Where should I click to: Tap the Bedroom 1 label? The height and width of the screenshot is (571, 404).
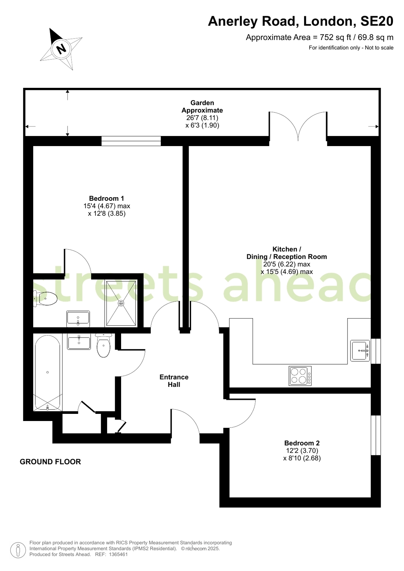106,198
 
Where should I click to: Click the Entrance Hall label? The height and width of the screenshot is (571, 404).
174,381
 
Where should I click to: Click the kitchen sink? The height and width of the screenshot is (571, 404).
360,351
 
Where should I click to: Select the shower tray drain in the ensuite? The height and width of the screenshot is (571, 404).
121,303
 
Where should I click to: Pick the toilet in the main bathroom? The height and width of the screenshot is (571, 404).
103,345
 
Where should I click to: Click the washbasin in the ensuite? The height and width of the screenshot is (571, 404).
78,319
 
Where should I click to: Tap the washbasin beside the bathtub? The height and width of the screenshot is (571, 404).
79,342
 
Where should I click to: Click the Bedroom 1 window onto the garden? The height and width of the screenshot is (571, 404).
131,141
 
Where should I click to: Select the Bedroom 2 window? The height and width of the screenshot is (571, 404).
376,435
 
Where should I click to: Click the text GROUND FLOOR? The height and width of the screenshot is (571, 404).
50,462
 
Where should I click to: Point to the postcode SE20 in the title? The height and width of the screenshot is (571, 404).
377,21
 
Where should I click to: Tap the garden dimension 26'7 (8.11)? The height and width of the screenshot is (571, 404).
202,118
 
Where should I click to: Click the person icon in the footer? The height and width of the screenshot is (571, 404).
18,550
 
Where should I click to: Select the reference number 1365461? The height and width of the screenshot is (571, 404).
118,554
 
